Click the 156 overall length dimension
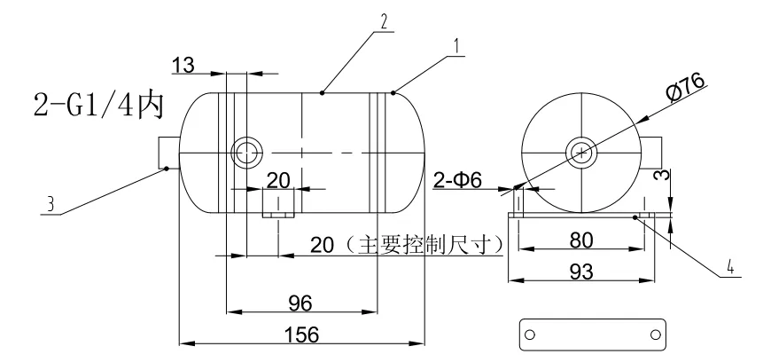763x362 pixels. [300, 334]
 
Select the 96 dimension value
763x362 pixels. [300, 303]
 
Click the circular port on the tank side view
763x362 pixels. [245, 152]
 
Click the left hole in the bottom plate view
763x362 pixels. [530, 335]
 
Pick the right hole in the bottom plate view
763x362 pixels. [654, 335]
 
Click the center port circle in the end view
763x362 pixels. [582, 152]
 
